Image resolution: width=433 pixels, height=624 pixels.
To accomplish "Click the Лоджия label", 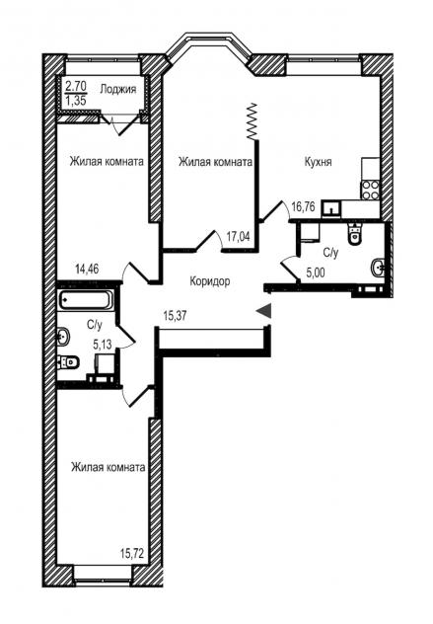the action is [x=117, y=89].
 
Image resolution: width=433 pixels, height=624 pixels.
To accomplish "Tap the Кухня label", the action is [x=318, y=162].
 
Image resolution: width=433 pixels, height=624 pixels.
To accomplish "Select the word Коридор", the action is [x=209, y=281].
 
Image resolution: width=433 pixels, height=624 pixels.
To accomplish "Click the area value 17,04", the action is [x=238, y=236].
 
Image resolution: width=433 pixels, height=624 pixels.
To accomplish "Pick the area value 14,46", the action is [x=87, y=269].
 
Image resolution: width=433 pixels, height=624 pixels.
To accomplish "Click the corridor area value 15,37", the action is [x=175, y=316].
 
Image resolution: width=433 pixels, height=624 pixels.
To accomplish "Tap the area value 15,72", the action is [x=131, y=553].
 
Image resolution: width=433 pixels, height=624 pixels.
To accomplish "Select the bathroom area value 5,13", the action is [x=102, y=345].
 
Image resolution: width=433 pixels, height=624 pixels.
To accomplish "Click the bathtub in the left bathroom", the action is [x=86, y=300].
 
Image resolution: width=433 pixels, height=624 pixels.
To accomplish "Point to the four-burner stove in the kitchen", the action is [x=370, y=191].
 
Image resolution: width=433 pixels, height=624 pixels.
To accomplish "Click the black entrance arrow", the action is [x=263, y=311].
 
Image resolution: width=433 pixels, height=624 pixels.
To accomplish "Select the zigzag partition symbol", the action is [x=253, y=121].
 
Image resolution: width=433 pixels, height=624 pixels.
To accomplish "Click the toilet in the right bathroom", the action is [x=354, y=234].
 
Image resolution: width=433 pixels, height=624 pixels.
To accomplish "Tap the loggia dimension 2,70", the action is [x=76, y=85].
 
